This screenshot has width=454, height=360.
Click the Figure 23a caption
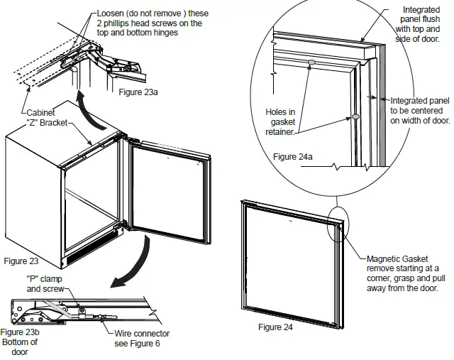(141, 92)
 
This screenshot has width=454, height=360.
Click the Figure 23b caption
(20, 332)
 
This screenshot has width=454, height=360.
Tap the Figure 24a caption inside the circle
(293, 156)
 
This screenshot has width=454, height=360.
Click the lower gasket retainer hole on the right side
(355, 116)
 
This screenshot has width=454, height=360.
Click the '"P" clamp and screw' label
(44, 284)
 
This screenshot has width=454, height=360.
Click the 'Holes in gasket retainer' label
(279, 121)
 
